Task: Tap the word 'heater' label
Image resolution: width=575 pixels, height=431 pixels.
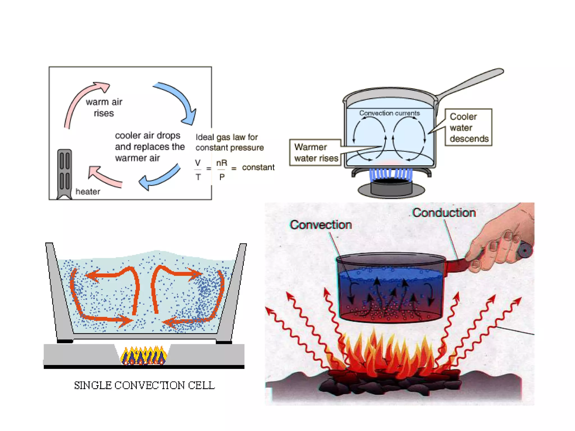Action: (88, 192)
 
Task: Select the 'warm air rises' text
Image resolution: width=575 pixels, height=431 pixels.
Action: (104, 107)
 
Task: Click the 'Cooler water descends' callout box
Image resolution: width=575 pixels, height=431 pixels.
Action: (468, 127)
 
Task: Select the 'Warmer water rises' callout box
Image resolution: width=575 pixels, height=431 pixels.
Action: (315, 153)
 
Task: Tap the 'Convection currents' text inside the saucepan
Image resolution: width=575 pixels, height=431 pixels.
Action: (389, 113)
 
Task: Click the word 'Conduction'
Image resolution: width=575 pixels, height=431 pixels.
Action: (444, 213)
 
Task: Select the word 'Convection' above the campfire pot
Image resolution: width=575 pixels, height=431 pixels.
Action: (321, 225)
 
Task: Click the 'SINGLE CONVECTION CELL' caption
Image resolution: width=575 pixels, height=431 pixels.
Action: (144, 385)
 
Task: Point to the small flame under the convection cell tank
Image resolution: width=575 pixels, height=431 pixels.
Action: (143, 356)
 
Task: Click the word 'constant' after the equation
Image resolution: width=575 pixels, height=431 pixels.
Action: (258, 168)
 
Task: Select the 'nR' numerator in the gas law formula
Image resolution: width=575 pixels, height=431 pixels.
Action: (222, 163)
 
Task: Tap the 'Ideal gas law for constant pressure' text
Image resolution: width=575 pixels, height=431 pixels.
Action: (229, 142)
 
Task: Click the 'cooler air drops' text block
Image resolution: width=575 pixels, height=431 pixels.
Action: (149, 146)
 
